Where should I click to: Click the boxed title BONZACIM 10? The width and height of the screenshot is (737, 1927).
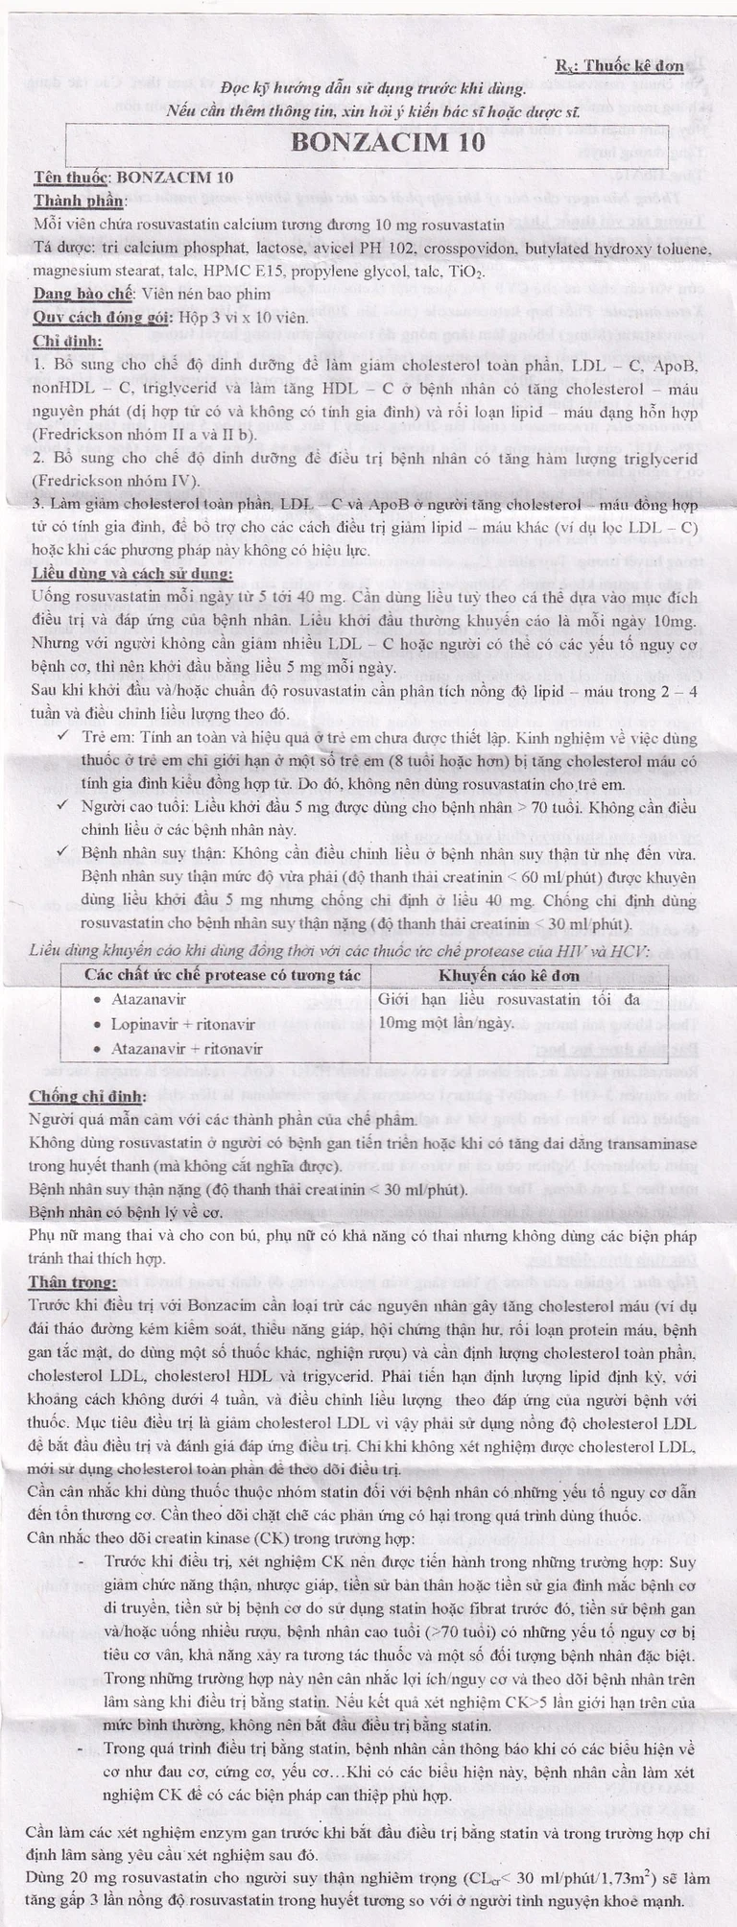coord(388,143)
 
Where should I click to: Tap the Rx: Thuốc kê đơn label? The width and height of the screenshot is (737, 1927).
coord(619,65)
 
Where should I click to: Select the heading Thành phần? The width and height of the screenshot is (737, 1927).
coord(80,201)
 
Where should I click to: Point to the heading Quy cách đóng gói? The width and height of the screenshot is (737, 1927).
coord(97,318)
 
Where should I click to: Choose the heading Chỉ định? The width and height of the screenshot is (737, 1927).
coord(68,341)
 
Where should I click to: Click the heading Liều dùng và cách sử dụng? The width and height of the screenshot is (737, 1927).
coord(131,574)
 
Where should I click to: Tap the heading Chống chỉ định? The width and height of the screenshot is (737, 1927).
coord(87,1096)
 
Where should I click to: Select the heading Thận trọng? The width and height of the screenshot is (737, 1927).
coord(72,1282)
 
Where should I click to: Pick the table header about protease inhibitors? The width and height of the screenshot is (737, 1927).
coord(223,976)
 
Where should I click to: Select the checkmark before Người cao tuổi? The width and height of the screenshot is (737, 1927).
coord(62,807)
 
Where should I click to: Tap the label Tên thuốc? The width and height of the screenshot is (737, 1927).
coord(72,178)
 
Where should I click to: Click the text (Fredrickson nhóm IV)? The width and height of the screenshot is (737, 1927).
coord(115,481)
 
